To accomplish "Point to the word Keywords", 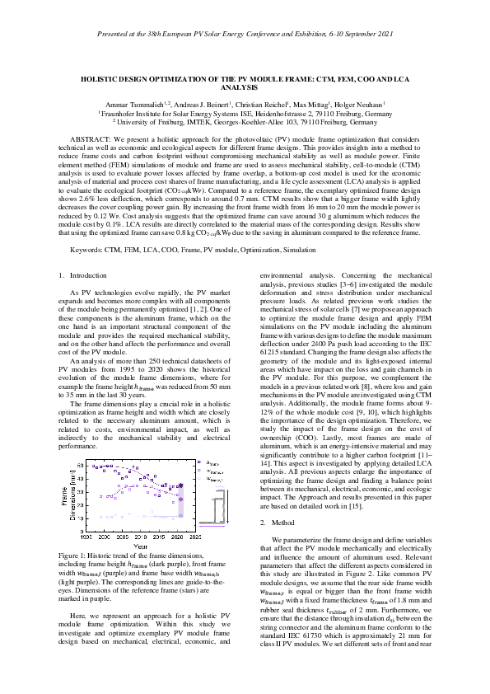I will pyautogui.click(x=87, y=247).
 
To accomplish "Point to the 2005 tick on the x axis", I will pyautogui.click(x=122, y=537).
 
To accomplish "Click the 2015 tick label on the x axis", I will pyautogui.click(x=161, y=537).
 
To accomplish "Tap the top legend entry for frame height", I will pyautogui.click(x=211, y=462).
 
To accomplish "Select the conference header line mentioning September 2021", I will pyautogui.click(x=245, y=35).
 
